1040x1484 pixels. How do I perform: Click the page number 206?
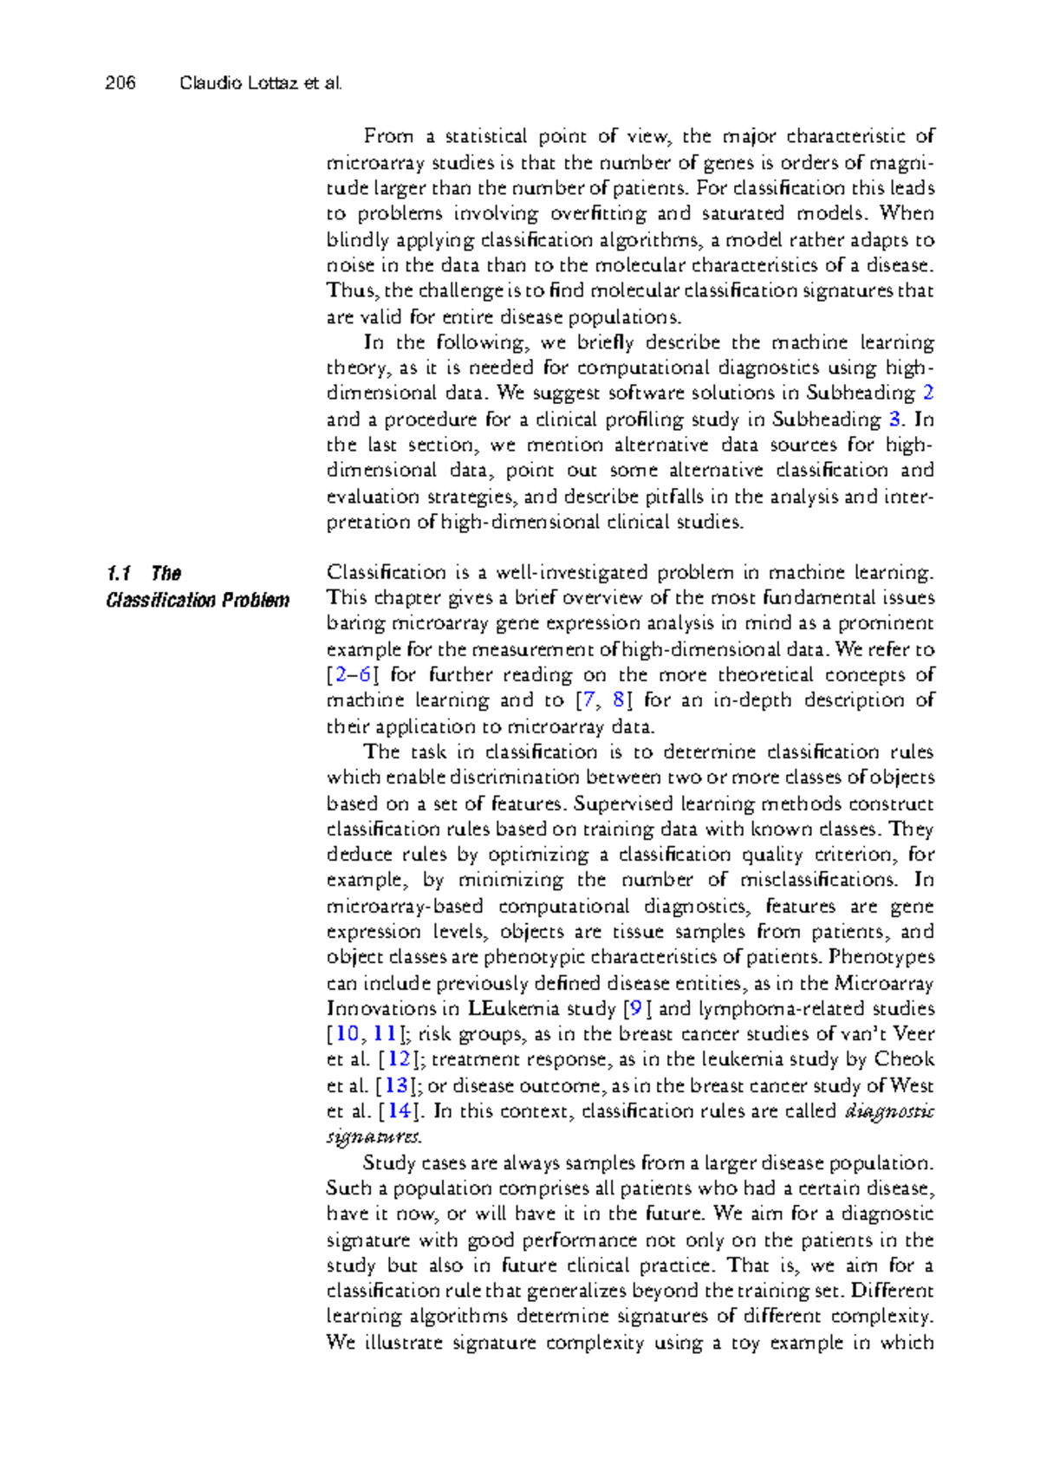pos(120,83)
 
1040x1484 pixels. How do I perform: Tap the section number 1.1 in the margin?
pos(119,573)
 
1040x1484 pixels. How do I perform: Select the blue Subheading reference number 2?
pos(928,393)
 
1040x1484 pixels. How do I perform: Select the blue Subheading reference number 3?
pos(895,419)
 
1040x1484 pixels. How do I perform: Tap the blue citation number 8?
pos(618,700)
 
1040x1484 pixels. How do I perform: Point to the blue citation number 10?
pos(347,1033)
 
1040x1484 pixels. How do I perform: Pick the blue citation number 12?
pos(399,1059)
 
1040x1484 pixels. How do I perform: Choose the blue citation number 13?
pos(396,1085)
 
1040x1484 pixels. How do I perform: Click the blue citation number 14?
pos(399,1110)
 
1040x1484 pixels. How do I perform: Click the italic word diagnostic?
pos(889,1110)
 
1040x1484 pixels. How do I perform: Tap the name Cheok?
pos(904,1059)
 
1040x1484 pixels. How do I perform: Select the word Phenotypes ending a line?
pos(881,957)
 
